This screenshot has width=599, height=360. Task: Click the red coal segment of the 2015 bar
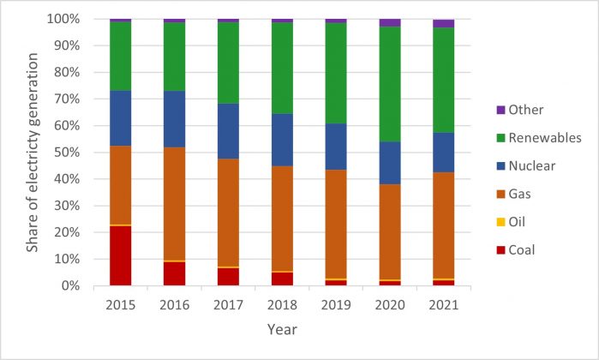pos(120,255)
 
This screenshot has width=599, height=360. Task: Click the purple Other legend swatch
pos(500,110)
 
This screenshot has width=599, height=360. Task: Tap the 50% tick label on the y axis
pos(79,152)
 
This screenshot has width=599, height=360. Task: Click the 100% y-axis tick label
pos(76,19)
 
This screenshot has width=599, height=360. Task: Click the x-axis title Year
pos(281,328)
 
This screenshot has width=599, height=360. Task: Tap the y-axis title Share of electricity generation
pos(32,153)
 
